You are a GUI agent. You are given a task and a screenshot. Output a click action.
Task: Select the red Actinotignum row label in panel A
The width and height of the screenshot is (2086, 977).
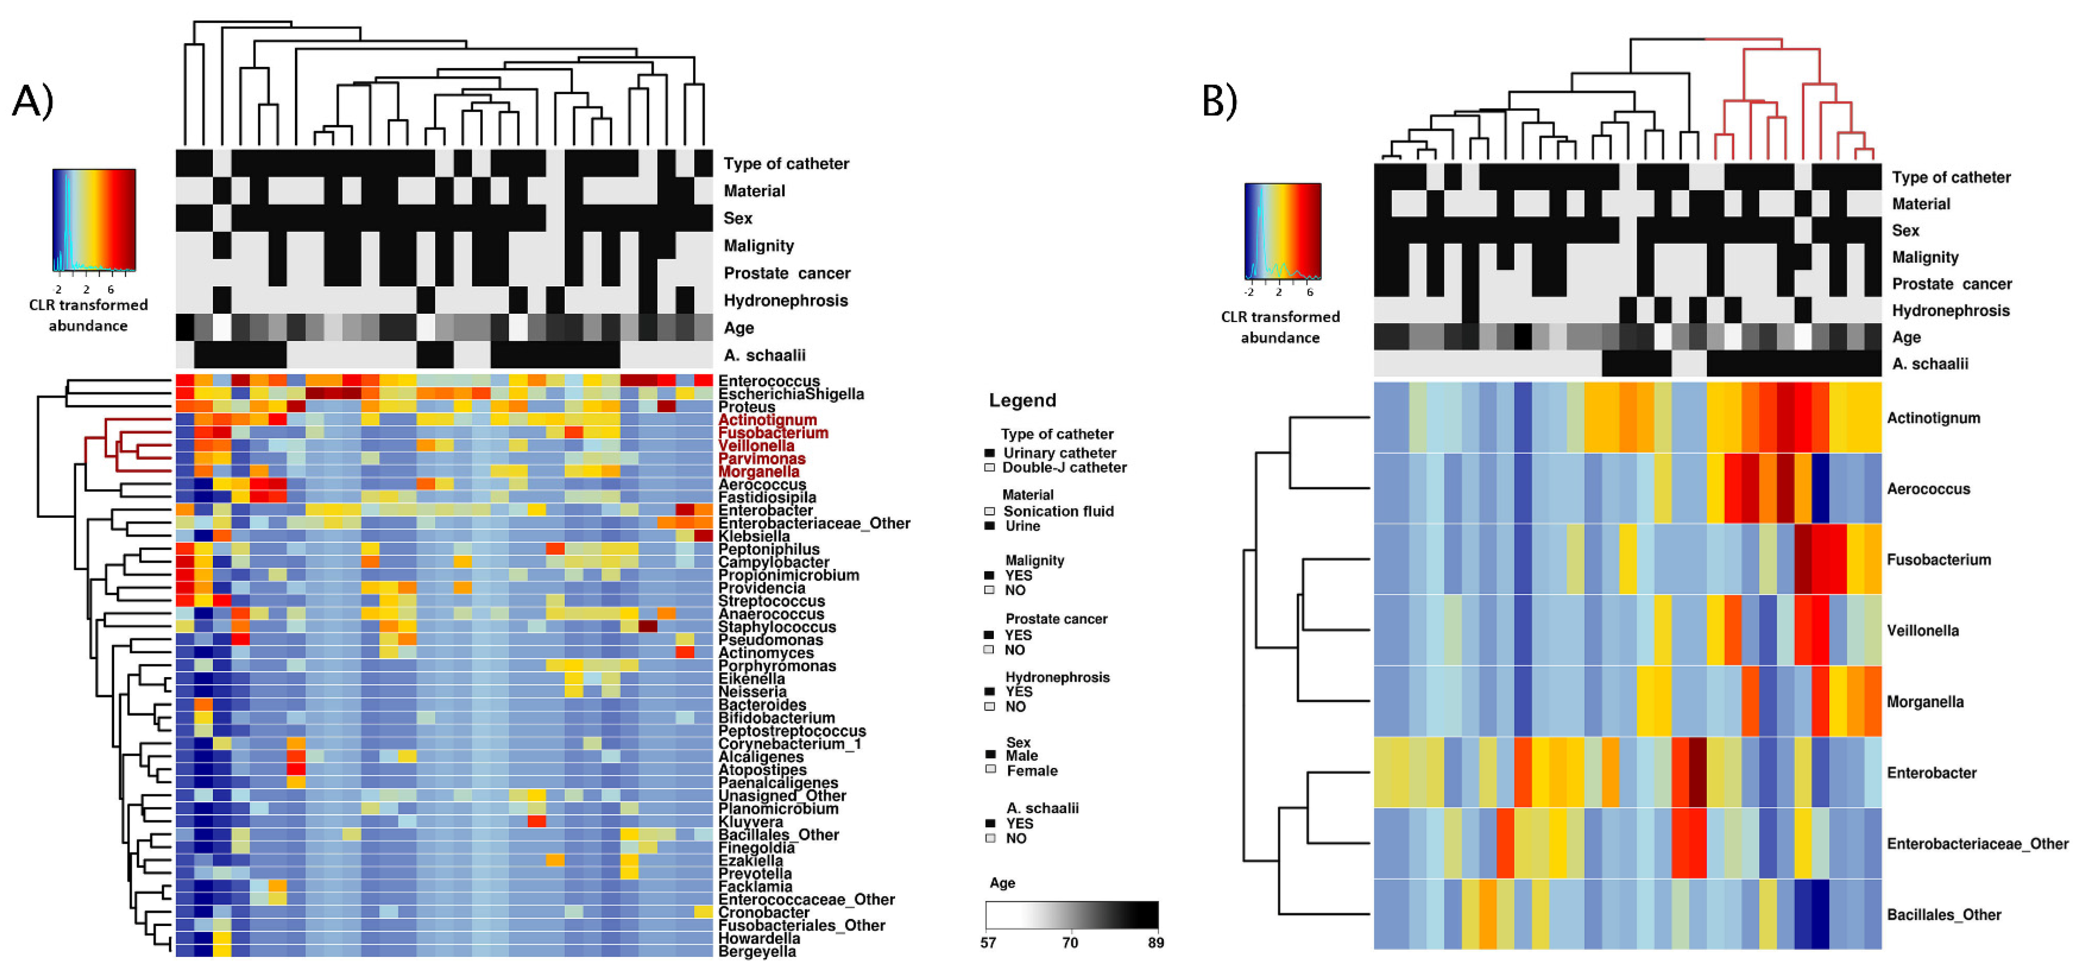[767, 420]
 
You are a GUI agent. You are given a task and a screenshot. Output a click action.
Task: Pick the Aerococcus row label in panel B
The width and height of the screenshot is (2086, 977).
[1928, 489]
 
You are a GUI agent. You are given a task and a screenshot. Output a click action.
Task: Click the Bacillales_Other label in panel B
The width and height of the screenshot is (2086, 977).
[1943, 915]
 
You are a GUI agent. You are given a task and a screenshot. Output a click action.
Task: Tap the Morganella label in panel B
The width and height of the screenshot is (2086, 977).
[1925, 702]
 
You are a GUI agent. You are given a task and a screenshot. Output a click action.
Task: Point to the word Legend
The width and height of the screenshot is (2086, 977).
[1022, 400]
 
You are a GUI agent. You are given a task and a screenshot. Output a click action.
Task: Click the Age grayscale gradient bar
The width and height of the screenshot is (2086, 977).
[1071, 915]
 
